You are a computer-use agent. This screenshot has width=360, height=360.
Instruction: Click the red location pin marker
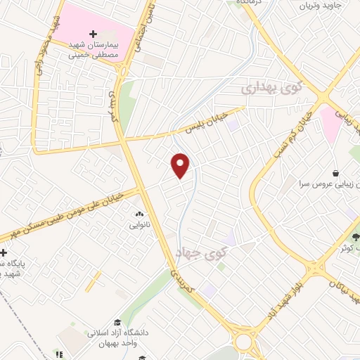tap(181, 165)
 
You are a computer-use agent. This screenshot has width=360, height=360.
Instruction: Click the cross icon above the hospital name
tap(94, 33)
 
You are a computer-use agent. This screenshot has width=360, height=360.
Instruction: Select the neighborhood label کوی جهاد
tap(208, 252)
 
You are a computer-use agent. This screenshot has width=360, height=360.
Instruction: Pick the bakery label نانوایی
tap(138, 226)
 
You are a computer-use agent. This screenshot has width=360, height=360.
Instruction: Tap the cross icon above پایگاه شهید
tap(4, 252)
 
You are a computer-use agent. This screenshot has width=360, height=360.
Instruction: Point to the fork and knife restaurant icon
tap(58, 354)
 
